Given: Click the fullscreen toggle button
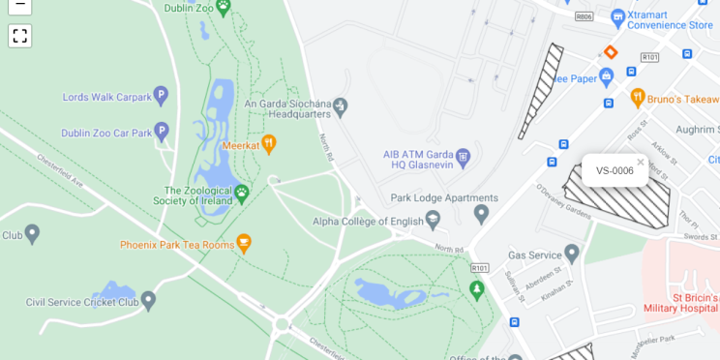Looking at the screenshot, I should coord(19,36).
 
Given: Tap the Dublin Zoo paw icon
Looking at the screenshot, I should coord(224,7).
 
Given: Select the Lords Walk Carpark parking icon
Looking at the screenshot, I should coord(161,96).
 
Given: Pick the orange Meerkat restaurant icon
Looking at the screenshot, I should coord(269,144).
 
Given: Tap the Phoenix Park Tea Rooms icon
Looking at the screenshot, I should coord(244,244).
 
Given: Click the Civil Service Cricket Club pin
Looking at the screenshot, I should coord(148,301).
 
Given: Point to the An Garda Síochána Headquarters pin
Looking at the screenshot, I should coord(340,106).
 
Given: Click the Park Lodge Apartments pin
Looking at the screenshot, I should coord(481,213).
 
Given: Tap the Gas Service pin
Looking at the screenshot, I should coord(572,254).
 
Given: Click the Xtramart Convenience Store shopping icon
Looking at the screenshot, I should coord(618,16).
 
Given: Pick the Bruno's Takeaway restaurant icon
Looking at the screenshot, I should coord(638,98).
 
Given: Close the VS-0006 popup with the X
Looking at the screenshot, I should coord(640,162).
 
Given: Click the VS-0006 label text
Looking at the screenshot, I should coord(615,171).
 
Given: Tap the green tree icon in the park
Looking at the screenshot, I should coord(475,289).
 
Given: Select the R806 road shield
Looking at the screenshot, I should coord(583,16).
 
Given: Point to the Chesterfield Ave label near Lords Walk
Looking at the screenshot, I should coord(61,170).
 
